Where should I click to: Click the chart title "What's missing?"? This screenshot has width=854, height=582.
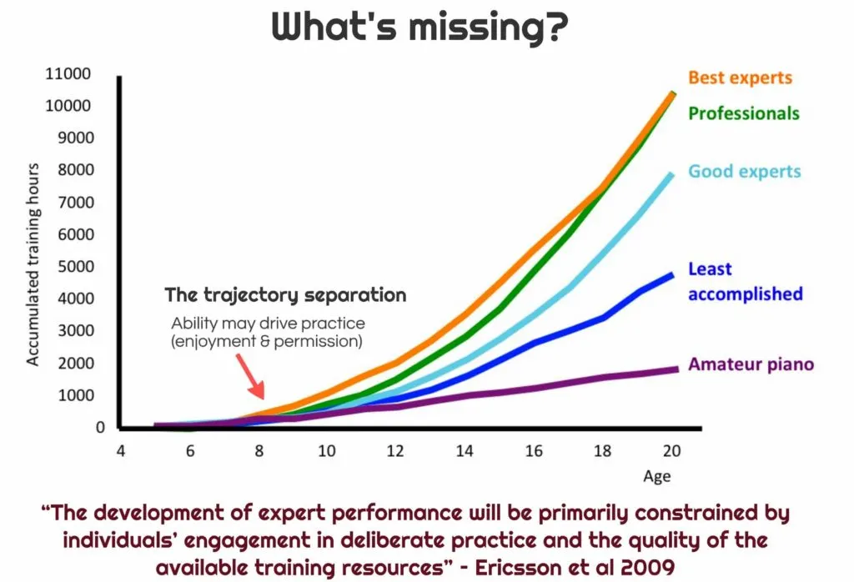[x=419, y=28]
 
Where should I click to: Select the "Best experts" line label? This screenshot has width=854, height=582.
[x=741, y=78]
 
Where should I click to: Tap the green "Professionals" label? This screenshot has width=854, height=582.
[x=744, y=113]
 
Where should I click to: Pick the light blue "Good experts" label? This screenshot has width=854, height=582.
[x=745, y=172]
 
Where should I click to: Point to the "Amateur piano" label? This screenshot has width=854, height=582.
[x=751, y=364]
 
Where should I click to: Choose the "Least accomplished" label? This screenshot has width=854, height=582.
[x=746, y=282]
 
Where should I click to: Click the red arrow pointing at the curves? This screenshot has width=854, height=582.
[x=250, y=376]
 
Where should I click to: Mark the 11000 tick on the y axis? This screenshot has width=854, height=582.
[x=68, y=73]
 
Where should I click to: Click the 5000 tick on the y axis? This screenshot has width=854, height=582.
[x=76, y=266]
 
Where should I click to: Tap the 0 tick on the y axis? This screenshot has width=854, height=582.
[x=100, y=428]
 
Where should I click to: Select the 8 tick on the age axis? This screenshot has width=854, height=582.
[x=259, y=451]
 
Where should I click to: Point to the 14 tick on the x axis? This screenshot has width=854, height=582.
[x=465, y=451]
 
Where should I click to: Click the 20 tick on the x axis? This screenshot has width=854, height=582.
[x=671, y=451]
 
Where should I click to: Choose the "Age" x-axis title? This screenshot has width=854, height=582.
[x=657, y=477]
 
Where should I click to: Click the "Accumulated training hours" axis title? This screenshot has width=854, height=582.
[x=33, y=264]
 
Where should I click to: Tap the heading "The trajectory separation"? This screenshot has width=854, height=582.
[x=285, y=295]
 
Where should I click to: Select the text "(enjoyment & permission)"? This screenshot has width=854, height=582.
[x=267, y=342]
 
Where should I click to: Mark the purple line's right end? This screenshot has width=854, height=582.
[x=677, y=369]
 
